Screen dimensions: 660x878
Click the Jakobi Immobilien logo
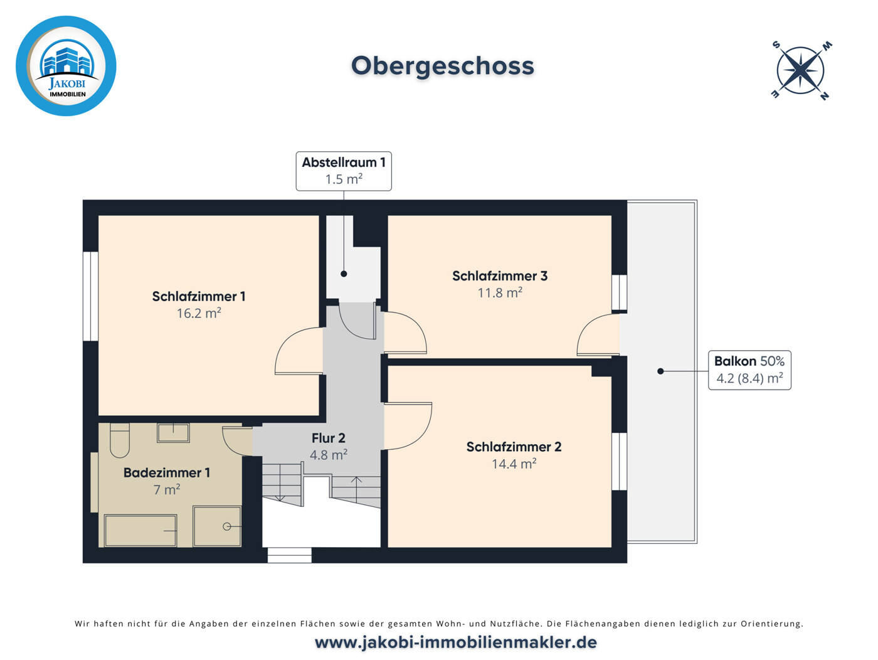tap(66, 66)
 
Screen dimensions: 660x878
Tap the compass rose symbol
tap(801, 70)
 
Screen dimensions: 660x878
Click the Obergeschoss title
tap(442, 66)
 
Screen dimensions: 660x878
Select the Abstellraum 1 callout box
tap(344, 171)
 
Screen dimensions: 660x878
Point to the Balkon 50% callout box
tap(749, 370)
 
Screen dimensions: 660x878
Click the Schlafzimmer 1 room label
tap(199, 296)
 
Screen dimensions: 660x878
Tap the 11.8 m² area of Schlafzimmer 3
tap(500, 292)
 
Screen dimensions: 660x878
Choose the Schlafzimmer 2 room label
tap(514, 447)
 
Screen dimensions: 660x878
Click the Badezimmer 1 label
tap(167, 472)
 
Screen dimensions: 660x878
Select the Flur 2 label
tap(329, 438)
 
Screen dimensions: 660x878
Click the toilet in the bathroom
tap(119, 440)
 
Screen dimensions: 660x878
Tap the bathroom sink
tap(173, 432)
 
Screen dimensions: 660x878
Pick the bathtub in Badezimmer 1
tap(140, 530)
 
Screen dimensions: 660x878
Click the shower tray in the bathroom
tap(217, 526)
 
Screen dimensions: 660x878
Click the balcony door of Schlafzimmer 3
tap(598, 336)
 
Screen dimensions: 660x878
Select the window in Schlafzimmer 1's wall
tap(91, 296)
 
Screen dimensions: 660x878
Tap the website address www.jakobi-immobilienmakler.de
tap(456, 642)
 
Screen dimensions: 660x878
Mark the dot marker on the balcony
tap(660, 371)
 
